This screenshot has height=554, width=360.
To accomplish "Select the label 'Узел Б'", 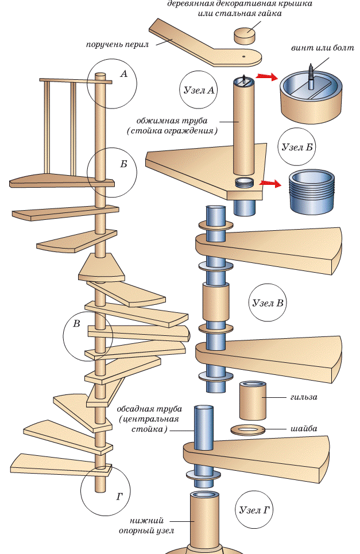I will pos(297,146).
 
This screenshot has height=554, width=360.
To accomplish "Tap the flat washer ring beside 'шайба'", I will pos(250,429).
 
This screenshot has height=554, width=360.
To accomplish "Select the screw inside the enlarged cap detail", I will pos(311,76).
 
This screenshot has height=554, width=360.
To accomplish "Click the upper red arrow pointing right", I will pos(265,76).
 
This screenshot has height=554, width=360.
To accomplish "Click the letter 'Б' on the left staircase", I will pos(123,164).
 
